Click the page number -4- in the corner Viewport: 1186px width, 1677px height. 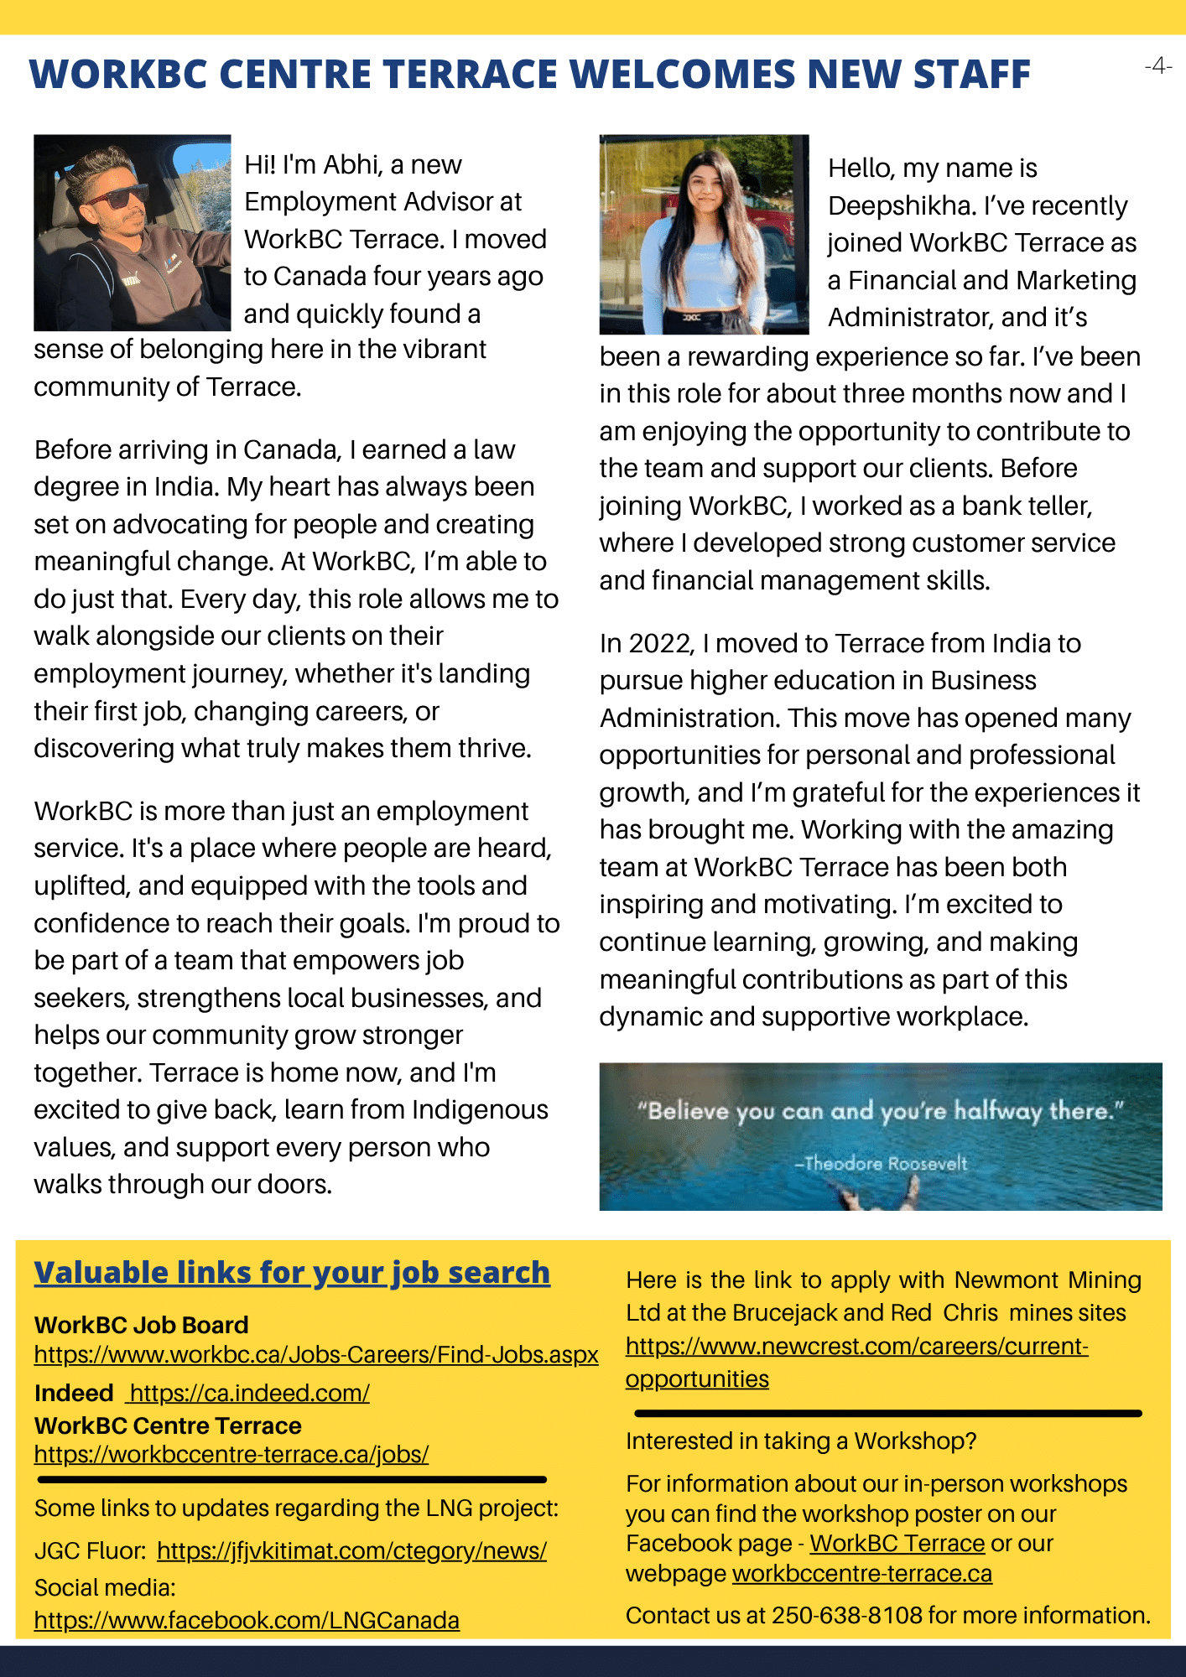(1157, 65)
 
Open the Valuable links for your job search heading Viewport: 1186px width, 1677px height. (292, 1273)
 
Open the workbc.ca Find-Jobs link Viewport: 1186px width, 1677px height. (316, 1355)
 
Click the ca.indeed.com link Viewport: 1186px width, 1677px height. (249, 1393)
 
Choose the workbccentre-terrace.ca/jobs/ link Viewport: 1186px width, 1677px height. (231, 1454)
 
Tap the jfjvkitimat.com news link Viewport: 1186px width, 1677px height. (351, 1550)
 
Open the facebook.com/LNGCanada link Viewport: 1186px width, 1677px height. (247, 1620)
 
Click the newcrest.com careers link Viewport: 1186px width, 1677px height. (856, 1347)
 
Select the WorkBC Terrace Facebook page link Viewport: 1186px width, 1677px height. (897, 1543)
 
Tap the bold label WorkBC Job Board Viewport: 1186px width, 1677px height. (142, 1325)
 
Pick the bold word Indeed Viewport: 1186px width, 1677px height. (74, 1393)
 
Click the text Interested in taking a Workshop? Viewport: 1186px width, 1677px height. (801, 1441)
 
